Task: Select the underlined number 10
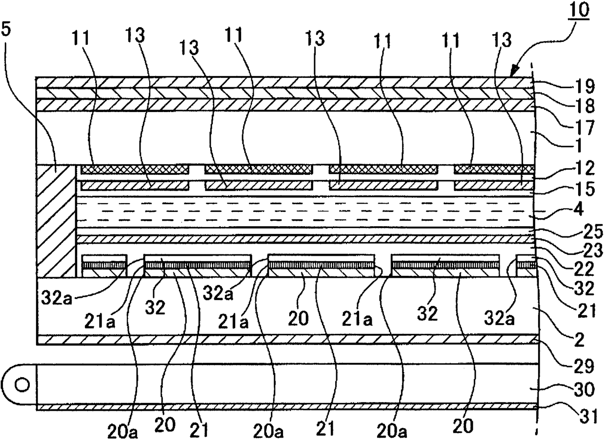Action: click(x=578, y=11)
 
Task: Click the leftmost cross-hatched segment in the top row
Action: click(x=135, y=169)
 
